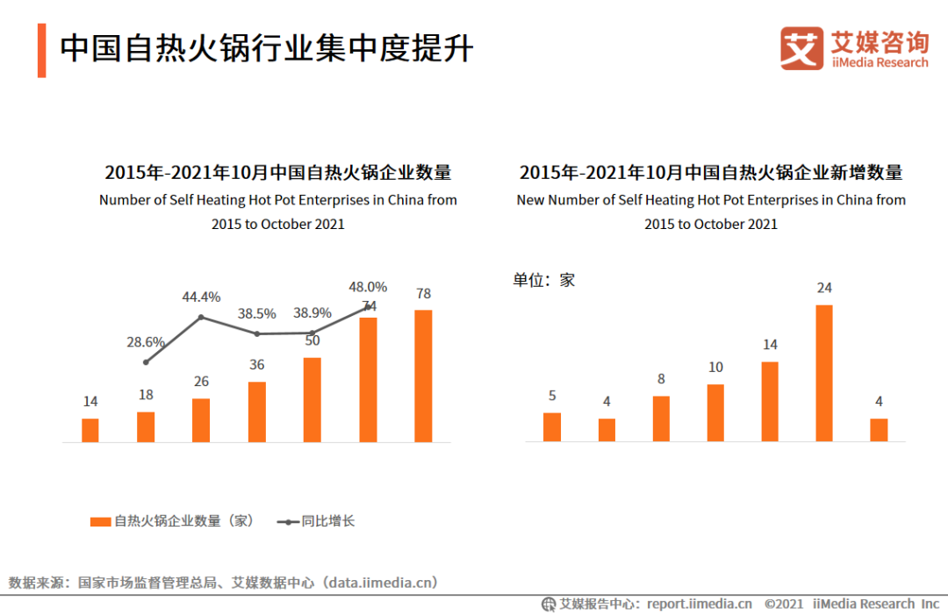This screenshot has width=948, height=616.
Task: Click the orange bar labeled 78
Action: coord(423,376)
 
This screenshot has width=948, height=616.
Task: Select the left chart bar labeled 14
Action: coord(90,430)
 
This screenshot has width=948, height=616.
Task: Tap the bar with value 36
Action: coord(257,412)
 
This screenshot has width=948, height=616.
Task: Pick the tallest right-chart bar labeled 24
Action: coord(824,373)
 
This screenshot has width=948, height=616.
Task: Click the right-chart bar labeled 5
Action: coord(552,426)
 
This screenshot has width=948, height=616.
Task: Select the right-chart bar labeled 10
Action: coord(715,412)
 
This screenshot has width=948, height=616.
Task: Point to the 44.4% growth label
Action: coord(201,297)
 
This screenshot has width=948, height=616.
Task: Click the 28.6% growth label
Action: coord(146,341)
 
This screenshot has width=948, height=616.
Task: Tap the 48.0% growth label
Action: coord(368,286)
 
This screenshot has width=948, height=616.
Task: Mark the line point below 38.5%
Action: coord(256,333)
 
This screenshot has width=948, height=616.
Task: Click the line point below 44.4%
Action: coord(201,317)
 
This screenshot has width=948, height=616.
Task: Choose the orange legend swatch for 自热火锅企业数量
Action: coord(100,521)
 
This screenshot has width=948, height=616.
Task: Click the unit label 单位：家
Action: coord(544,280)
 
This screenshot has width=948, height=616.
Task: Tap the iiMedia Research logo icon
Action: coord(801,48)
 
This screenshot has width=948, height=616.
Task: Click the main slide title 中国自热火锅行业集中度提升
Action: coord(266,48)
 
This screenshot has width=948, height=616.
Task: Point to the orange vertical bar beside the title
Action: coord(41,51)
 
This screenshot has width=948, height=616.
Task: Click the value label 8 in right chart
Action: coord(661,379)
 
